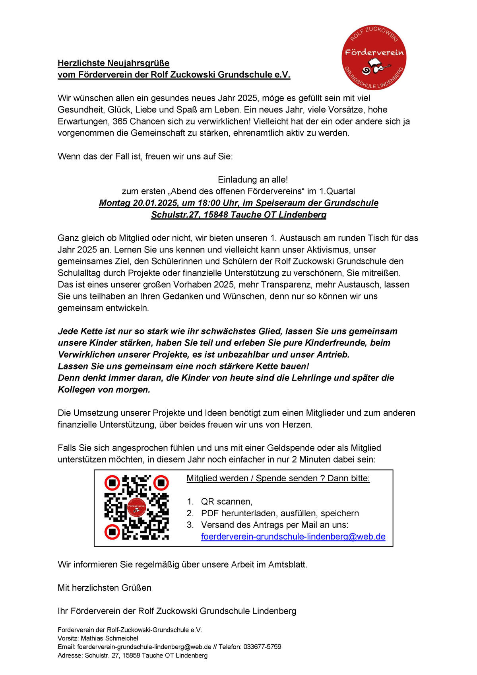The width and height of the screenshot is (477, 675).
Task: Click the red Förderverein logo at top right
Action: (374, 58)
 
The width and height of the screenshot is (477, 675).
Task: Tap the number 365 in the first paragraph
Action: (120, 121)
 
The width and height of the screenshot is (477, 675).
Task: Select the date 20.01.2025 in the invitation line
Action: (155, 203)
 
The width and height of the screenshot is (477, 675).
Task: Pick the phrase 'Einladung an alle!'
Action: (253, 180)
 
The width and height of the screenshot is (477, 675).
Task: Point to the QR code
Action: (136, 507)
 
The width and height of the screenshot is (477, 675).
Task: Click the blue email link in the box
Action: (293, 537)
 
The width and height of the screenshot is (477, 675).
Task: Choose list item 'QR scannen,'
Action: (227, 502)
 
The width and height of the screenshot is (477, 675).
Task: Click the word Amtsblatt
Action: (287, 564)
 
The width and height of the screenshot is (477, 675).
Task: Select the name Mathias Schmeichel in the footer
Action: (110, 638)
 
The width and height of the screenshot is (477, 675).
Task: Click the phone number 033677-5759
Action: (262, 647)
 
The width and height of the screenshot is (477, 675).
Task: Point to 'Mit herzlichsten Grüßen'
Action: (105, 588)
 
